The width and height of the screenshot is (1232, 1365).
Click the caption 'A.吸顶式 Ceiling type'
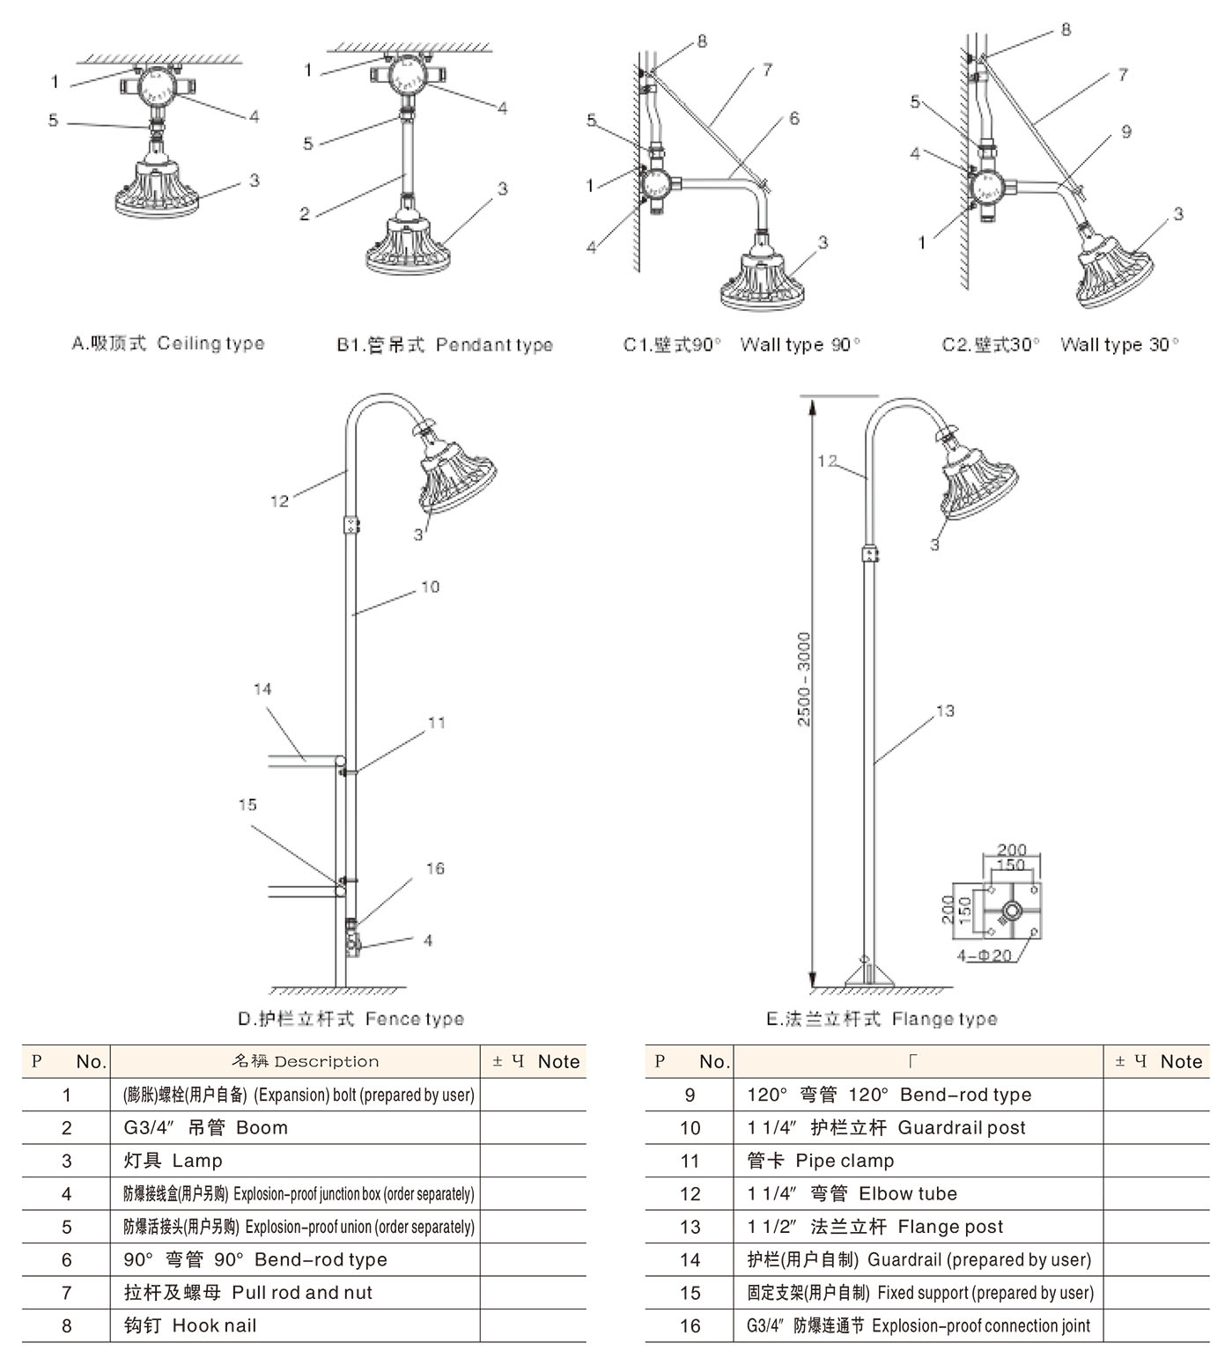(167, 343)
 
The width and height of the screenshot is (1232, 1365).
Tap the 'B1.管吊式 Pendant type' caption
(444, 344)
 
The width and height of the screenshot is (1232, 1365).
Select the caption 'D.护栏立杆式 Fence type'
(350, 1019)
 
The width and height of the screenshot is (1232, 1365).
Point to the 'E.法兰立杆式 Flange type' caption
(882, 1019)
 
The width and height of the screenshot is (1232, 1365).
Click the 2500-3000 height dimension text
(803, 678)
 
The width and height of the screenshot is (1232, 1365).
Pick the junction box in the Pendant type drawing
(405, 77)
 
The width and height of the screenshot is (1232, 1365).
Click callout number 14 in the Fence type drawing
(262, 690)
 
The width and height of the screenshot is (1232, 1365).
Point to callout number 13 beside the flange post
(945, 711)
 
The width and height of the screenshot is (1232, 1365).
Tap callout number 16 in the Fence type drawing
(435, 868)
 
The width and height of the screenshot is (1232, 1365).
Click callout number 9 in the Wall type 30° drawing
(1126, 132)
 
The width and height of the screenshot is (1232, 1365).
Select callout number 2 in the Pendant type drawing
(305, 214)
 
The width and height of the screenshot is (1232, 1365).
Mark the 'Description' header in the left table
(295, 1062)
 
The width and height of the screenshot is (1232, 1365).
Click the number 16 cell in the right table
(690, 1325)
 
